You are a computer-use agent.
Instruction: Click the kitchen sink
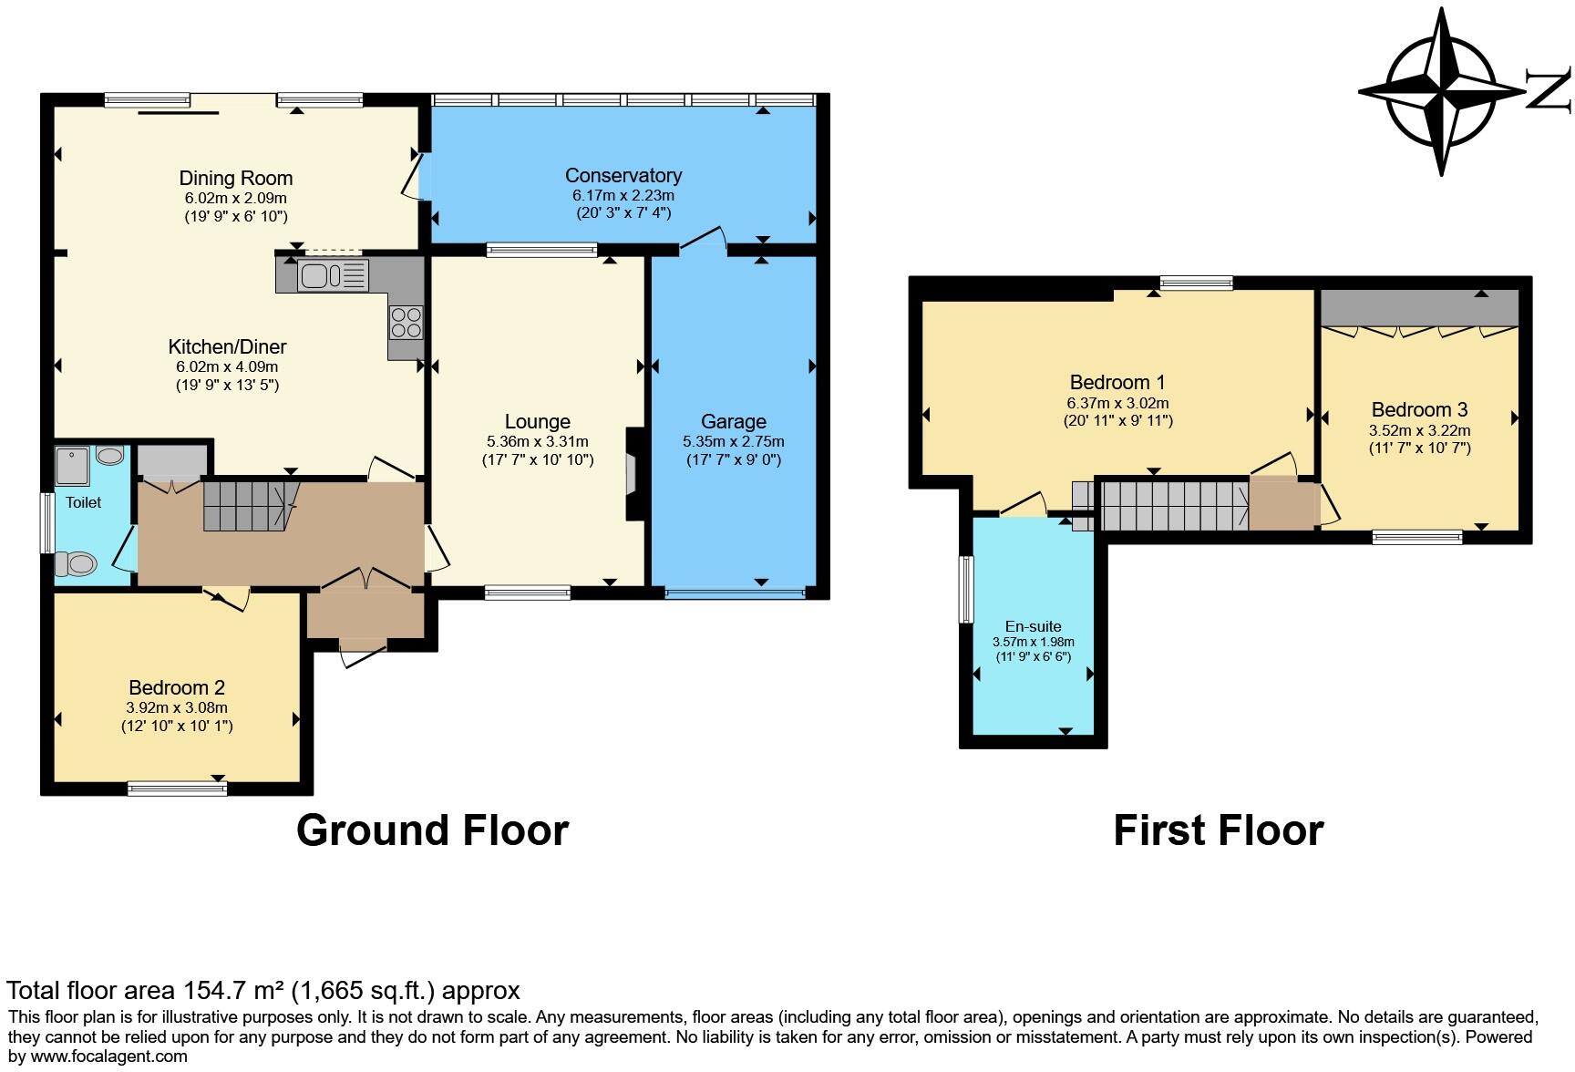322,274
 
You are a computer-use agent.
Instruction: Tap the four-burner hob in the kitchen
407,321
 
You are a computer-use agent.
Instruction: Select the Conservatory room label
623,175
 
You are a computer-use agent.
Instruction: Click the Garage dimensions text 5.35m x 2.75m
733,441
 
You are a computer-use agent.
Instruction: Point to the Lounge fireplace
631,474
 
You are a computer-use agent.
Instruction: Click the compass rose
1443,91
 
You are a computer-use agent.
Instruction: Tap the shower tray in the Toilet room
74,465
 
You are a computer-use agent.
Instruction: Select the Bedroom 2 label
177,687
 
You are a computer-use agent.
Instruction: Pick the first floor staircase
1174,505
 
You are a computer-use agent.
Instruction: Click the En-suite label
1033,626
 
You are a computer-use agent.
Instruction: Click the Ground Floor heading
432,830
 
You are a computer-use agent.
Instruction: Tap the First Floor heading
1218,830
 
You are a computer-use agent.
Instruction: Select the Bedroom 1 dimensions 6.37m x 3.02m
1117,403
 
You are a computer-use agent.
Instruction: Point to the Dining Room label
235,178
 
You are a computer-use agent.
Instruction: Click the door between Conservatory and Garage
704,240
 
